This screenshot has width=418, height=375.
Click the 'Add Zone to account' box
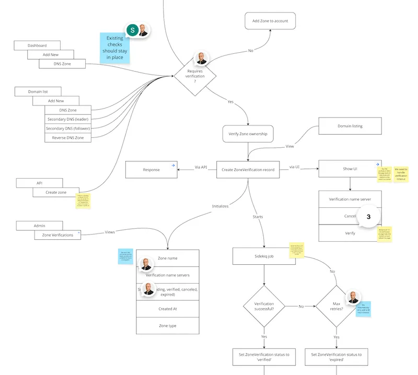[x=270, y=21]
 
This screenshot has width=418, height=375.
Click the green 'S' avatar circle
[x=133, y=30]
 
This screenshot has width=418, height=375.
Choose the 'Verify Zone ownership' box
[x=248, y=134]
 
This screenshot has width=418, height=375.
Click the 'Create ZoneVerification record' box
[x=248, y=169]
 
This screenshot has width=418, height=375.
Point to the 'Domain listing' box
[x=350, y=126]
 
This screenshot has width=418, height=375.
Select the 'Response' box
[x=151, y=169]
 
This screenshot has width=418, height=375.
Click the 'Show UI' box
[x=350, y=169]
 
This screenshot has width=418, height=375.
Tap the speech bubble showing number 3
[x=368, y=217]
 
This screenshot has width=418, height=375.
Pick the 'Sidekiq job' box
[x=263, y=256]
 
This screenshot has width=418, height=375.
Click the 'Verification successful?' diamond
[x=263, y=307]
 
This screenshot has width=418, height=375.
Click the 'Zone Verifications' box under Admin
[x=57, y=235]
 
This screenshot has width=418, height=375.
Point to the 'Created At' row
[x=167, y=309]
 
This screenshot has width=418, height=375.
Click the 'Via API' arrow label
[x=201, y=167]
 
